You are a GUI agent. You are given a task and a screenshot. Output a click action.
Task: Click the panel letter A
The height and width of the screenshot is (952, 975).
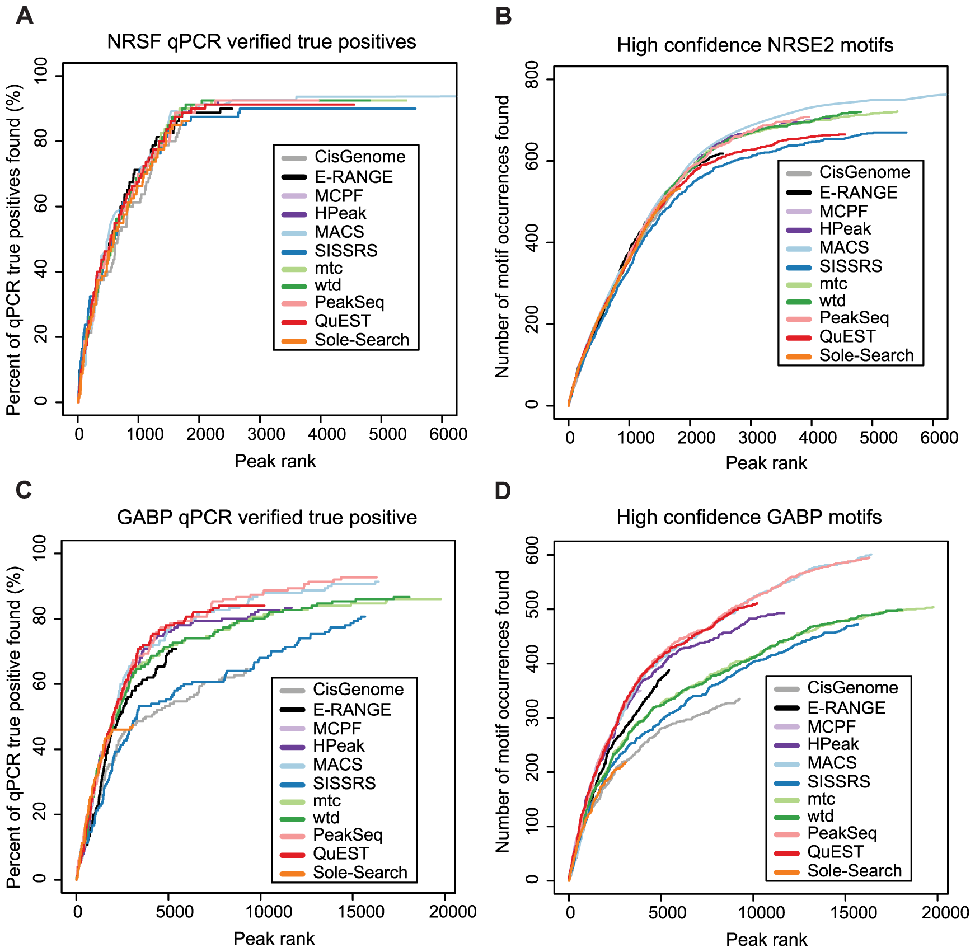[25, 15]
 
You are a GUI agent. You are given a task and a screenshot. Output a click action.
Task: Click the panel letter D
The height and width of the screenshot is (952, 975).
[503, 491]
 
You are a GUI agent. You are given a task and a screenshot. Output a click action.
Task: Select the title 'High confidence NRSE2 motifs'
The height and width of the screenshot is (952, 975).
[754, 45]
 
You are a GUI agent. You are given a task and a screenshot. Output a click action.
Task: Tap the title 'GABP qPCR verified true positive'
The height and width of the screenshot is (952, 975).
[267, 517]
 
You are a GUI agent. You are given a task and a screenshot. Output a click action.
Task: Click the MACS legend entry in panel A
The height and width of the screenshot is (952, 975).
[339, 232]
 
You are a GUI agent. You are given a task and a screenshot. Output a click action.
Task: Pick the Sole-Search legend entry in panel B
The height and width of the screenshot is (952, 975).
[866, 355]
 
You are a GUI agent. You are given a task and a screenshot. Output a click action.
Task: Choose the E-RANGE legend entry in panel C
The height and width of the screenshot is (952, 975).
[351, 710]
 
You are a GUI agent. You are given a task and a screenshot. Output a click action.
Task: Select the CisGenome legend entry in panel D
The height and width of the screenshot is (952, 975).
[852, 687]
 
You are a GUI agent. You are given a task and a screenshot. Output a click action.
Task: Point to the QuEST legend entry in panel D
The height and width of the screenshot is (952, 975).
[835, 852]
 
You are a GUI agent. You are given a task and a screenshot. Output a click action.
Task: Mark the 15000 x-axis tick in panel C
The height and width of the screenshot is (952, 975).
[362, 912]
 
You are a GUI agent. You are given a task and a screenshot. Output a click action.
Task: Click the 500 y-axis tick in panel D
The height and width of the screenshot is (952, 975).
[532, 609]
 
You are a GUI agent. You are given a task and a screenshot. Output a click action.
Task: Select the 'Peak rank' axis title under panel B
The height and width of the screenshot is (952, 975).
[766, 463]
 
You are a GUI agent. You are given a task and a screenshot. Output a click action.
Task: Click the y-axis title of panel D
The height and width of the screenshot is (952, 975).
[503, 711]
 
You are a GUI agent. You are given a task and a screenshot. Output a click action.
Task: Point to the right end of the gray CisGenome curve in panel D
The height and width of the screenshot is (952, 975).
[740, 698]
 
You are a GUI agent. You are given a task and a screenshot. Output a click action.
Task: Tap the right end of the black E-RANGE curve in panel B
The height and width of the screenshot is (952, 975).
[723, 153]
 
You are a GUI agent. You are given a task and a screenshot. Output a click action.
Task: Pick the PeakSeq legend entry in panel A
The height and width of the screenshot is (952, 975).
[349, 302]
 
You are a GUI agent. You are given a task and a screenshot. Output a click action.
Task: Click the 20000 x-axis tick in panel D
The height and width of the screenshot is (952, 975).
[945, 912]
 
